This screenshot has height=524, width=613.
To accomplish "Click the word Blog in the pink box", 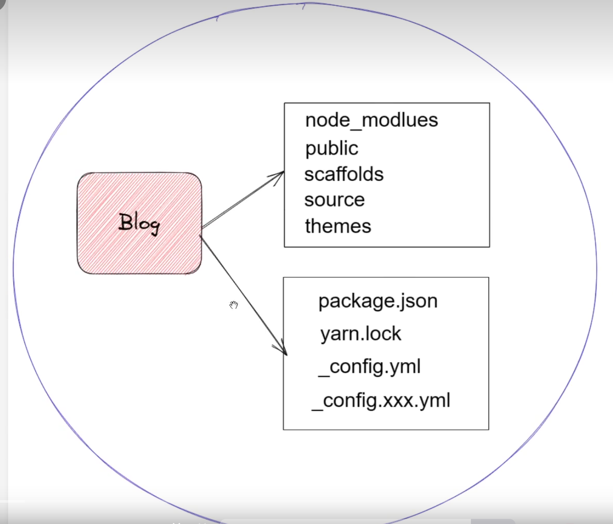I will click(x=139, y=223).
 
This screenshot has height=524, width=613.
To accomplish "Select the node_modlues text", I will click(x=372, y=120).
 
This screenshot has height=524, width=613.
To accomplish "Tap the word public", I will click(x=332, y=148).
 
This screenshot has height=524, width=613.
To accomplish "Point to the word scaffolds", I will click(x=344, y=174).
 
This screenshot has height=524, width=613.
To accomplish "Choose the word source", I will click(x=334, y=200).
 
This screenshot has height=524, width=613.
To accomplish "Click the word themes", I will click(x=338, y=226).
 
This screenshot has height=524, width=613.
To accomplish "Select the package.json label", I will click(x=378, y=301).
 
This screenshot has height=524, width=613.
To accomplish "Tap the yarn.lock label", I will click(x=360, y=334).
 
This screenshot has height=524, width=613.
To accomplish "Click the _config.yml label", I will click(x=370, y=367).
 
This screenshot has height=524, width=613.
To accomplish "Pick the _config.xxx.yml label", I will click(x=381, y=401).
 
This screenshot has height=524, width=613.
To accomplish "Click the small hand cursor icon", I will click(x=234, y=305).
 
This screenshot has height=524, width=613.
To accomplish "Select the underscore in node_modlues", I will click(x=356, y=128).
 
